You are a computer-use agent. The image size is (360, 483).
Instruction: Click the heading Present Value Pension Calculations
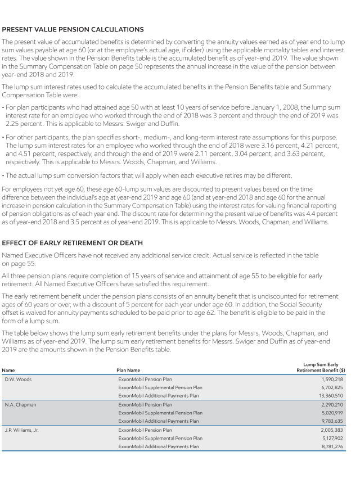click(x=73, y=29)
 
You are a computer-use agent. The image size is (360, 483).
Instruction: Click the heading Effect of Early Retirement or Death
click(x=73, y=242)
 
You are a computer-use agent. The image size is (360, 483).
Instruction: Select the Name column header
click(x=8, y=370)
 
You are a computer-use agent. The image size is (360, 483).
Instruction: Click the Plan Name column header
click(x=128, y=370)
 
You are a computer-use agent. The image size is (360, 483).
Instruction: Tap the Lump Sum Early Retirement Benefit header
click(x=321, y=367)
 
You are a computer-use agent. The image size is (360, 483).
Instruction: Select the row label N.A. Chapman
click(x=20, y=404)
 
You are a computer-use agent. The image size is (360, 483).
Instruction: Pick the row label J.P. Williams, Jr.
click(x=24, y=430)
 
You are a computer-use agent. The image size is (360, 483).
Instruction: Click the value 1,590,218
click(x=332, y=379)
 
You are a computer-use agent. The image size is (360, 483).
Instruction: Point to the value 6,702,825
click(x=332, y=387)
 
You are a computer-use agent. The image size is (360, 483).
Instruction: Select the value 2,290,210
click(x=332, y=404)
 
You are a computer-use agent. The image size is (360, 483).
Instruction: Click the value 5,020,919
click(x=332, y=413)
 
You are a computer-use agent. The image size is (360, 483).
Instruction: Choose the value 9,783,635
click(x=332, y=421)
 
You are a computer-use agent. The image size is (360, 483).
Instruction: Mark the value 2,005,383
click(x=332, y=430)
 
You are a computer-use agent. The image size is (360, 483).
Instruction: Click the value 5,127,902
click(x=332, y=438)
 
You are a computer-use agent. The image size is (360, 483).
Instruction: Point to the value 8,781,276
click(x=332, y=446)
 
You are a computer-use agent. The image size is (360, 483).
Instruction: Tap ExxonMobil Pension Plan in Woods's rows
click(x=145, y=379)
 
